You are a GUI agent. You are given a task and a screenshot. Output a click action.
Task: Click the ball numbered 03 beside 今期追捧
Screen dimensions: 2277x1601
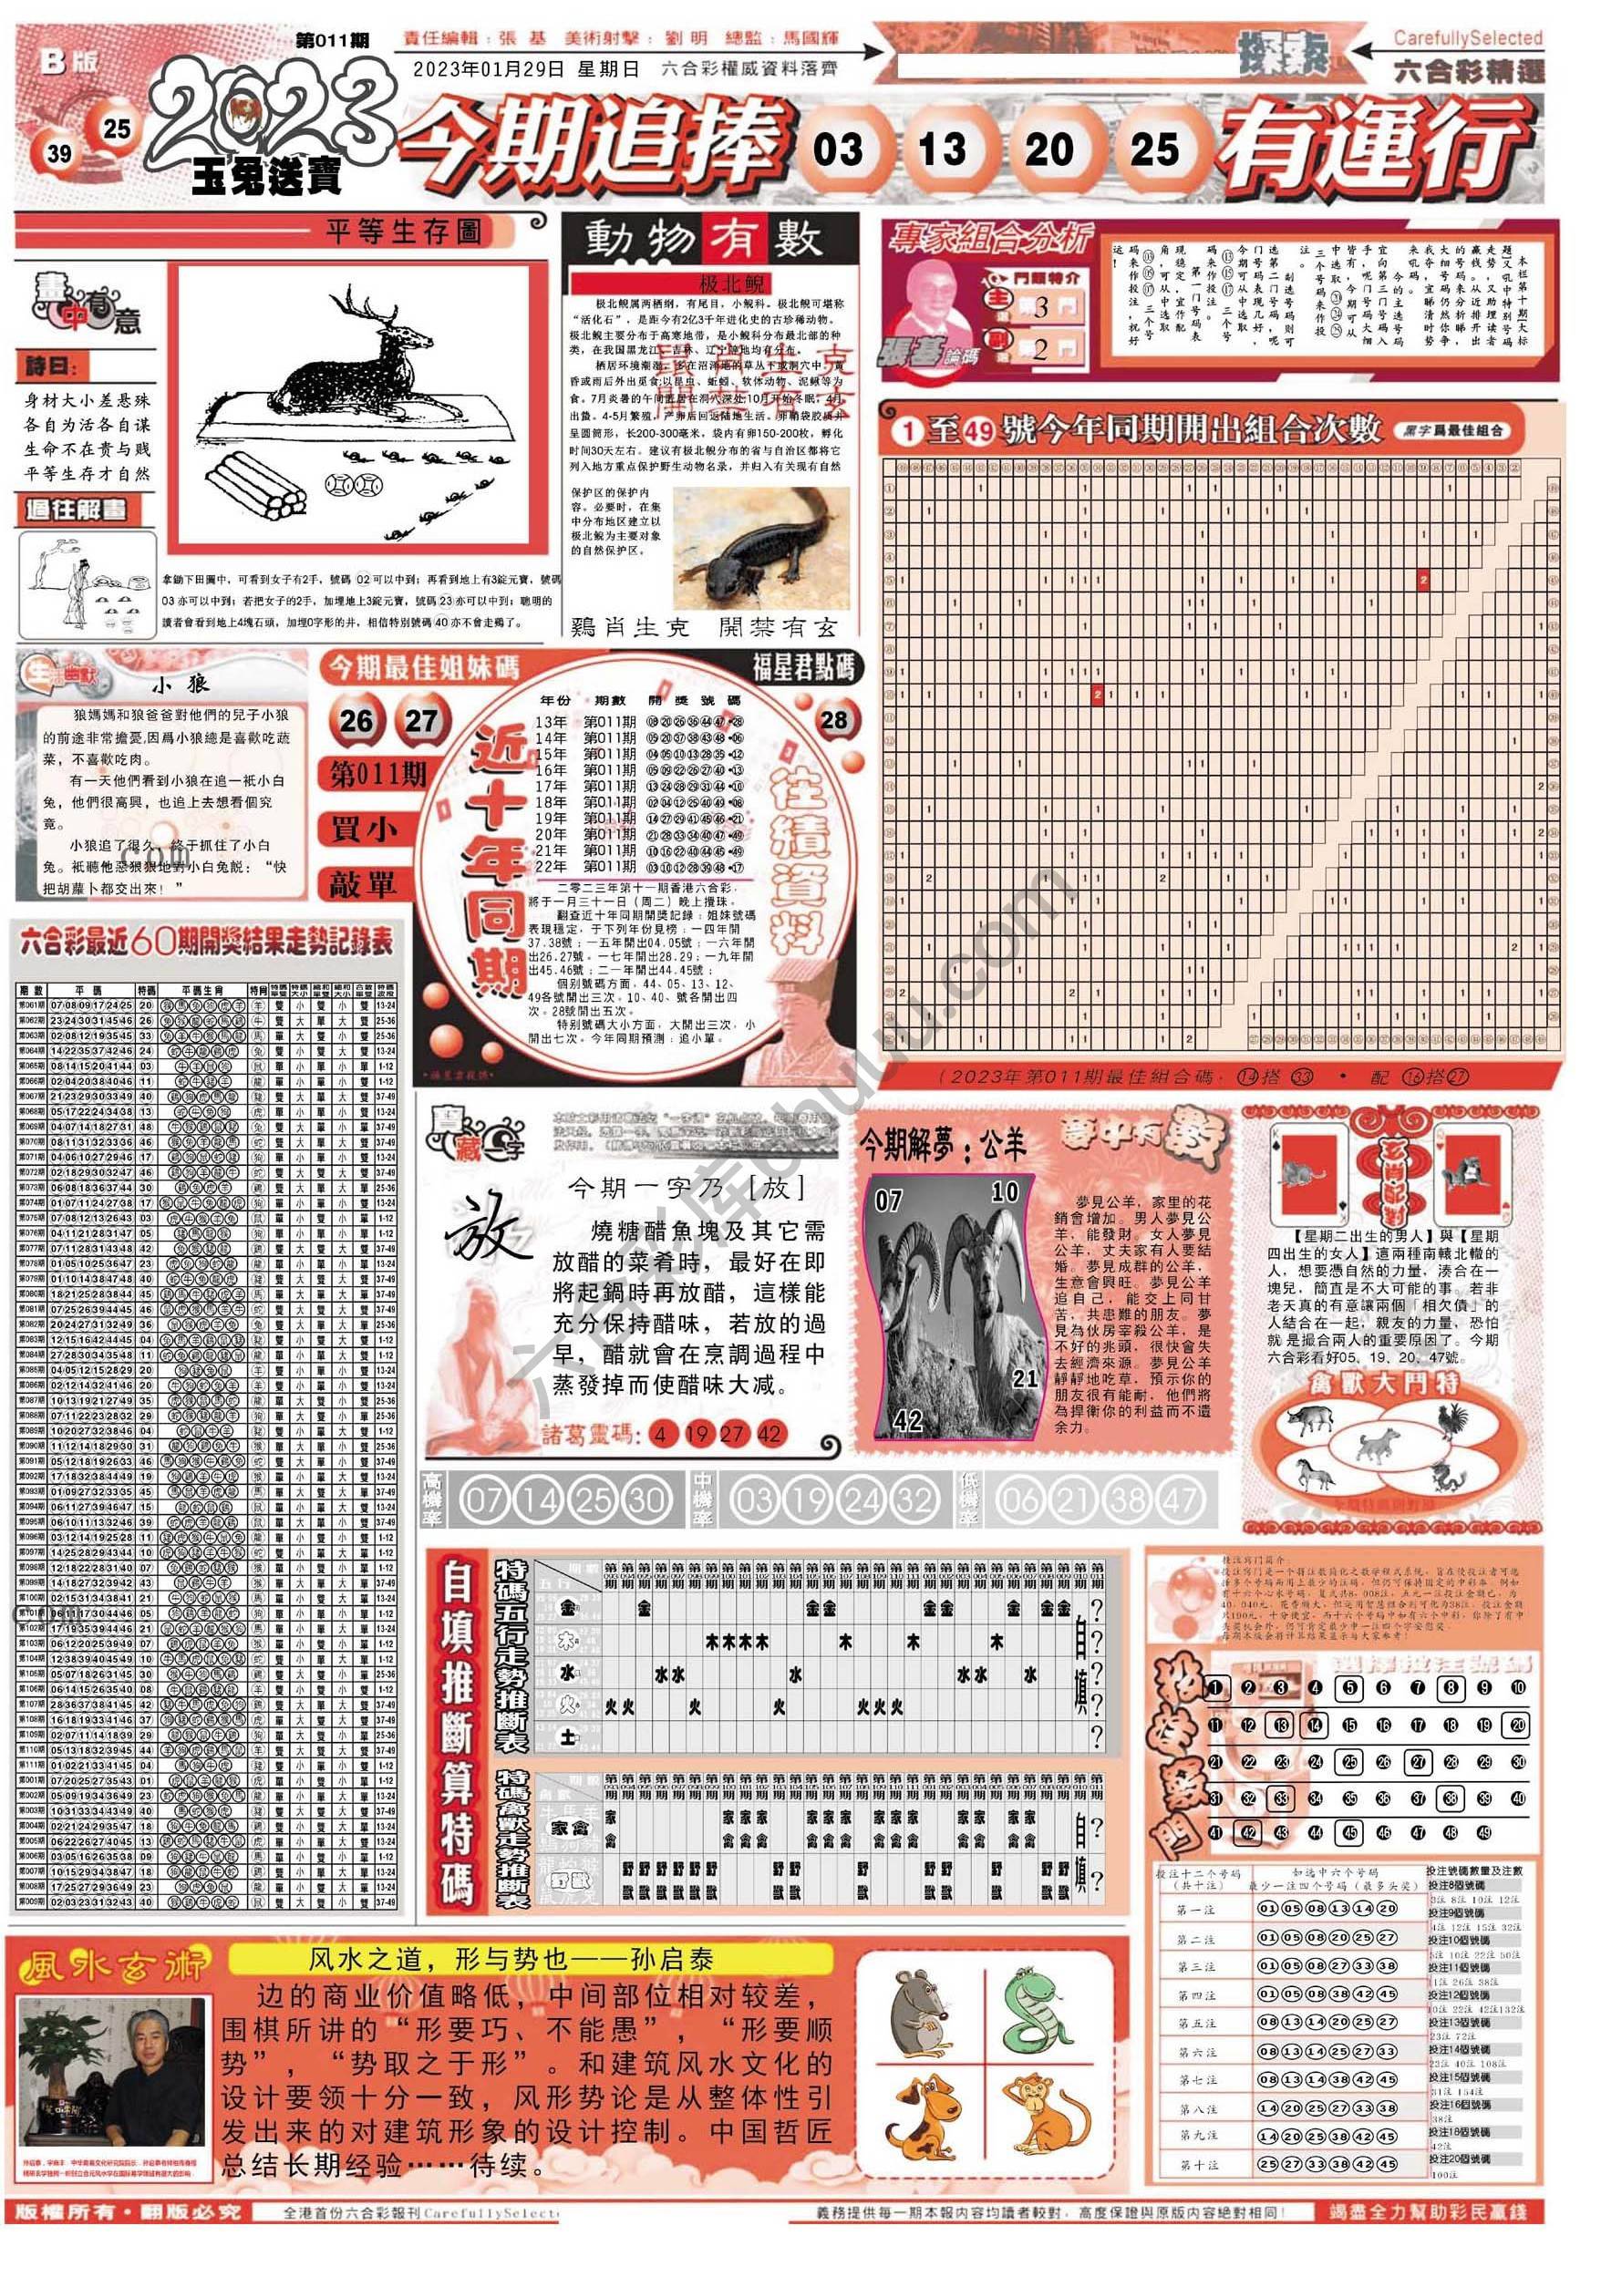point(838,150)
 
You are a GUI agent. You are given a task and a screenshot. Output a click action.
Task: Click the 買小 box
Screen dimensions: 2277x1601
point(363,829)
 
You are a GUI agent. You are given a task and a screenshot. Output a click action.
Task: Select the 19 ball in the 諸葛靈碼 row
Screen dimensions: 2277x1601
point(697,1433)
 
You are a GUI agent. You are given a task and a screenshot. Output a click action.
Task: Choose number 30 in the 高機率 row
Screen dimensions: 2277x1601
point(646,1500)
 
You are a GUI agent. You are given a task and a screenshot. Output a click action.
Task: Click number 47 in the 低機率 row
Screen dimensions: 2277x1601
point(1180,1500)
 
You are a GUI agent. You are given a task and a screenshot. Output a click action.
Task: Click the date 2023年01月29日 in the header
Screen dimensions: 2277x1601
point(489,69)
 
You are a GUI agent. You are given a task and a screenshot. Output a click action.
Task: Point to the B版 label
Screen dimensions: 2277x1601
point(68,61)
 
